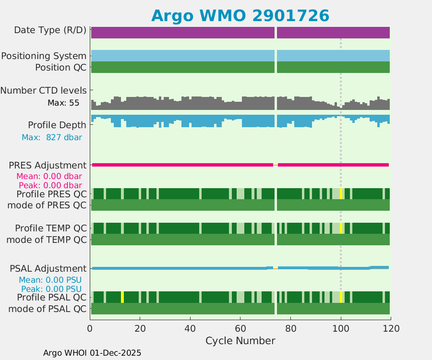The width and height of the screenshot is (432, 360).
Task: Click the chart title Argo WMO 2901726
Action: coord(240,15)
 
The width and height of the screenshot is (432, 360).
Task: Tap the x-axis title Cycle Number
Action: coord(240,341)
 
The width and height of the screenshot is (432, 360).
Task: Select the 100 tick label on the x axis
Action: coord(341,329)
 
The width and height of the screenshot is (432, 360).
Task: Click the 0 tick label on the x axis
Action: coord(90,329)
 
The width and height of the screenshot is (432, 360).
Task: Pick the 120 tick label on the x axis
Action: coord(391,329)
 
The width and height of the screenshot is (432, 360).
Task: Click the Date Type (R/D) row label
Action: coord(50,30)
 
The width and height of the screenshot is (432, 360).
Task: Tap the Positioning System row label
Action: coord(44,56)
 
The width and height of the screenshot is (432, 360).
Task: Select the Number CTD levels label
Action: coord(44,90)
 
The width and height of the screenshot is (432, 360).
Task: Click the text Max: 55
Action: coord(63,103)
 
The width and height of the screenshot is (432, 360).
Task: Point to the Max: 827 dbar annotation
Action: coord(52,137)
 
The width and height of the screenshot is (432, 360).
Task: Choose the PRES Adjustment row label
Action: coord(48,165)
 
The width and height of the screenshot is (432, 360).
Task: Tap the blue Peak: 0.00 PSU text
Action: coord(50,289)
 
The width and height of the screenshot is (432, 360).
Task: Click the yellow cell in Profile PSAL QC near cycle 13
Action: coord(122,297)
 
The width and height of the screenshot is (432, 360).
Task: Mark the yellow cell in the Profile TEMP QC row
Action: coord(341,228)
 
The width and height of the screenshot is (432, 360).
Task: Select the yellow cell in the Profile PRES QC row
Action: coord(341,193)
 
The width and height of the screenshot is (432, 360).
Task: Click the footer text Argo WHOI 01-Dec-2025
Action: coord(92,353)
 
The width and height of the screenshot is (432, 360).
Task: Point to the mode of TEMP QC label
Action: coord(47,239)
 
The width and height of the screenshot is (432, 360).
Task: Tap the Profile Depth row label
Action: coord(57,125)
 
